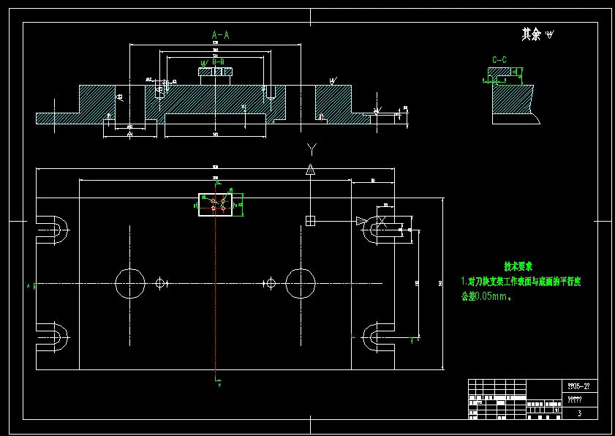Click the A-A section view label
click(220, 34)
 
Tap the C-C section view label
click(499, 59)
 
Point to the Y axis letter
click(312, 150)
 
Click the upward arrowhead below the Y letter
click(310, 170)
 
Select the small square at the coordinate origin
click(310, 221)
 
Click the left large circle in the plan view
click(132, 283)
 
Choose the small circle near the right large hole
click(271, 283)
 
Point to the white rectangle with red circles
click(216, 205)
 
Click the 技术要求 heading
click(518, 266)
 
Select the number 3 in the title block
click(579, 413)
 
